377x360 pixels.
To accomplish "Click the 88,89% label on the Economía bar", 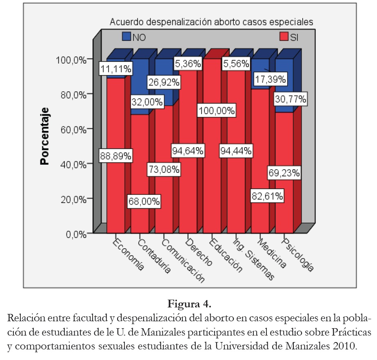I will point(116,156).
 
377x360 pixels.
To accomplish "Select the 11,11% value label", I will point(116,69).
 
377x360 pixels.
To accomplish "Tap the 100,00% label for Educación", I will point(217,110).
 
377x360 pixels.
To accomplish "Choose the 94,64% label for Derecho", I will point(188,151).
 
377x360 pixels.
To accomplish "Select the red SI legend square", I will point(284,36).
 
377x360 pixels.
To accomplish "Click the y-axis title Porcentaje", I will point(45,136).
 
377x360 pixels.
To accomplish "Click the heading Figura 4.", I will point(189,304).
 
